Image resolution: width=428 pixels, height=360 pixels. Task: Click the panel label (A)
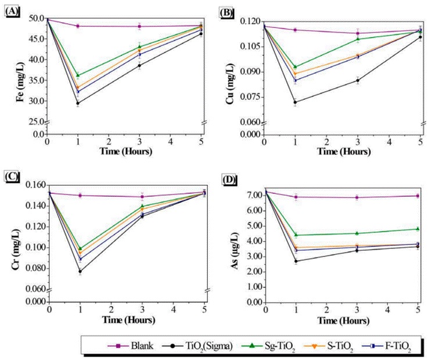pos(11,11)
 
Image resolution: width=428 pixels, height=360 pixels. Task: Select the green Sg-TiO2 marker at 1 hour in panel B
pos(295,67)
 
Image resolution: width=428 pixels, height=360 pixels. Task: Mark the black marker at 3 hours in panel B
pos(357,80)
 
